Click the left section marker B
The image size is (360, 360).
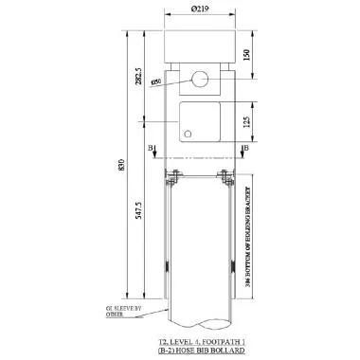[151, 149]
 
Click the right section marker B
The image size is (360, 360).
[246, 149]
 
